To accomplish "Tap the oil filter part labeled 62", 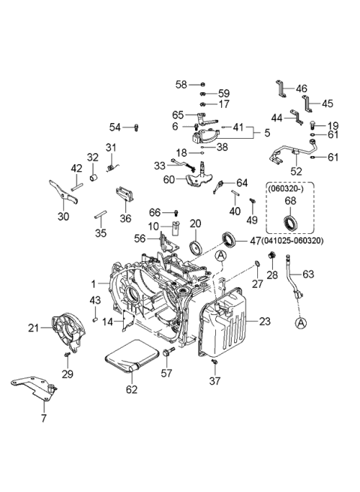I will tap(133, 358).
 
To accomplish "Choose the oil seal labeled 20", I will tap(196, 248).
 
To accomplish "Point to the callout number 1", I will tap(94, 284).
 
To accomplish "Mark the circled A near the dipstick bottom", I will tap(301, 323).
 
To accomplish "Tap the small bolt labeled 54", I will tap(136, 127).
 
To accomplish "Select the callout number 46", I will tap(301, 88).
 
